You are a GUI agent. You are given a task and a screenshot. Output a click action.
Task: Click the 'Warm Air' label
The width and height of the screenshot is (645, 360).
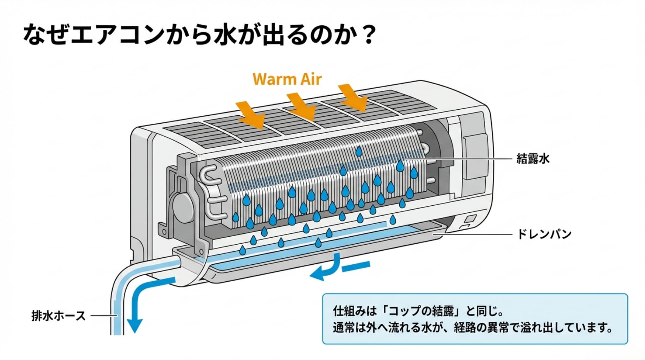(287, 79)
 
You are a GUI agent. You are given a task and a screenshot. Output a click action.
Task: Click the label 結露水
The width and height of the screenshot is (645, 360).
(532, 159)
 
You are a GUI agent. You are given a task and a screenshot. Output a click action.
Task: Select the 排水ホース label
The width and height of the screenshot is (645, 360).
(58, 316)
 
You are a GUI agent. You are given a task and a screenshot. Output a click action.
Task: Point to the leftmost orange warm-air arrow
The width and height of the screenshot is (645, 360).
(250, 114)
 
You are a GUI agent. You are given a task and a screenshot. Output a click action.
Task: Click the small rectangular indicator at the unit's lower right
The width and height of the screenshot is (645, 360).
(469, 219)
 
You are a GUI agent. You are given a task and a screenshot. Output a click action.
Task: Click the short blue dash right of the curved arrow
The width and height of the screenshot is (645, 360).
(356, 266)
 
